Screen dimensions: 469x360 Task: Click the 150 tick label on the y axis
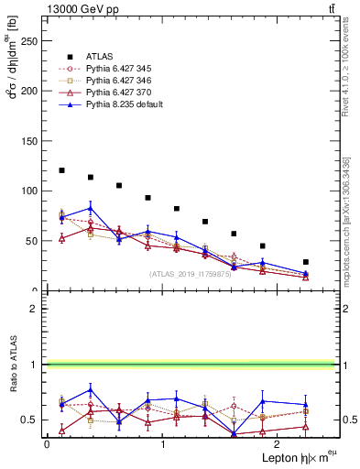[31, 140]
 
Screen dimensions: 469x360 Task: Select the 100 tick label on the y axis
[31, 191]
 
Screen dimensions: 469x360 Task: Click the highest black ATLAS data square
[61, 170]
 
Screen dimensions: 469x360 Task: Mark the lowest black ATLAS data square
[306, 262]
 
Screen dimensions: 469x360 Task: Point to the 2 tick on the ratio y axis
[37, 309]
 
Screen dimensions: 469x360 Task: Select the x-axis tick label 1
[162, 444]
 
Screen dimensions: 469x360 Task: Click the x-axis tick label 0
[47, 444]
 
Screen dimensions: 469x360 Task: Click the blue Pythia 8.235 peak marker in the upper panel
[90, 208]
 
